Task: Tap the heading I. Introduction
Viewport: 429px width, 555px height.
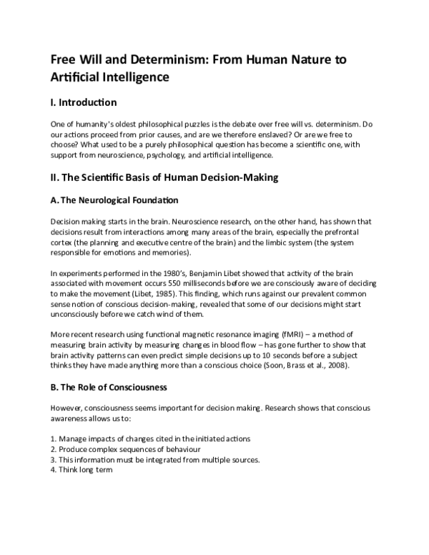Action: point(89,102)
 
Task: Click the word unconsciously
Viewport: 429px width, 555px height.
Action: point(83,313)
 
